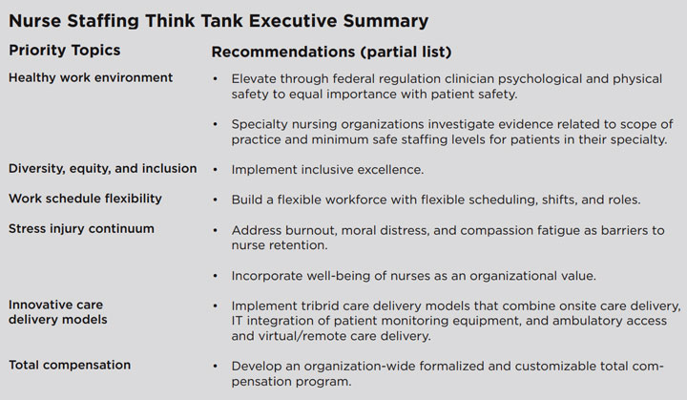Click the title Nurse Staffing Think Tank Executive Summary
click(x=218, y=20)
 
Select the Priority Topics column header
click(x=65, y=50)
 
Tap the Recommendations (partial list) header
click(x=331, y=51)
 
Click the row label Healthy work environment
click(x=91, y=77)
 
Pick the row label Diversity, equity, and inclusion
click(x=102, y=168)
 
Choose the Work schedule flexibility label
click(x=85, y=199)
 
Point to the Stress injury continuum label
click(x=81, y=229)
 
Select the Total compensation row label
click(x=70, y=365)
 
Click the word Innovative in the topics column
click(x=41, y=304)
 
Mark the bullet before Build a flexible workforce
click(x=217, y=200)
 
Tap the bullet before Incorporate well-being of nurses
click(x=217, y=276)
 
